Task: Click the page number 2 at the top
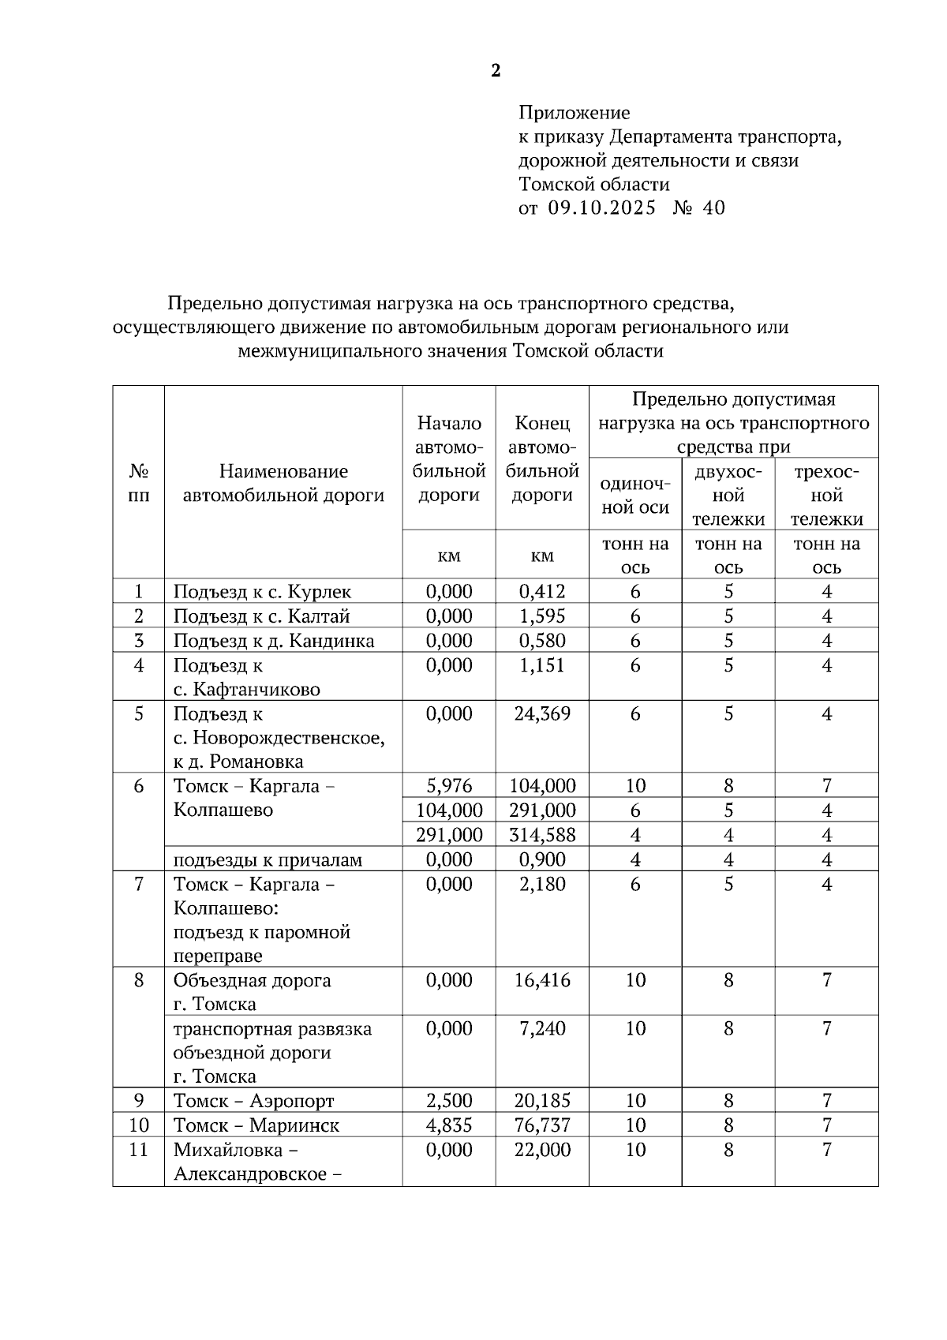(496, 71)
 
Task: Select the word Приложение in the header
(574, 113)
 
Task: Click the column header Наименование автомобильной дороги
(283, 483)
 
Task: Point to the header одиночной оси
(635, 496)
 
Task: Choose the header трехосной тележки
(826, 496)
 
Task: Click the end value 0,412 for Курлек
(542, 592)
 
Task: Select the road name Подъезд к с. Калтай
(261, 616)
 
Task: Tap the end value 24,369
(542, 714)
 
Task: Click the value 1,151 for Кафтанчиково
(542, 665)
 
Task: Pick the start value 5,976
(449, 786)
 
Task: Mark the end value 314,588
(542, 835)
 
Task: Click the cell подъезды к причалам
(268, 859)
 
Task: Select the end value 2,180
(542, 884)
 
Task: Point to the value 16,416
(542, 980)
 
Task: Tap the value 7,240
(542, 1028)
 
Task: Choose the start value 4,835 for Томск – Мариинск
(449, 1125)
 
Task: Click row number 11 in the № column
(139, 1150)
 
